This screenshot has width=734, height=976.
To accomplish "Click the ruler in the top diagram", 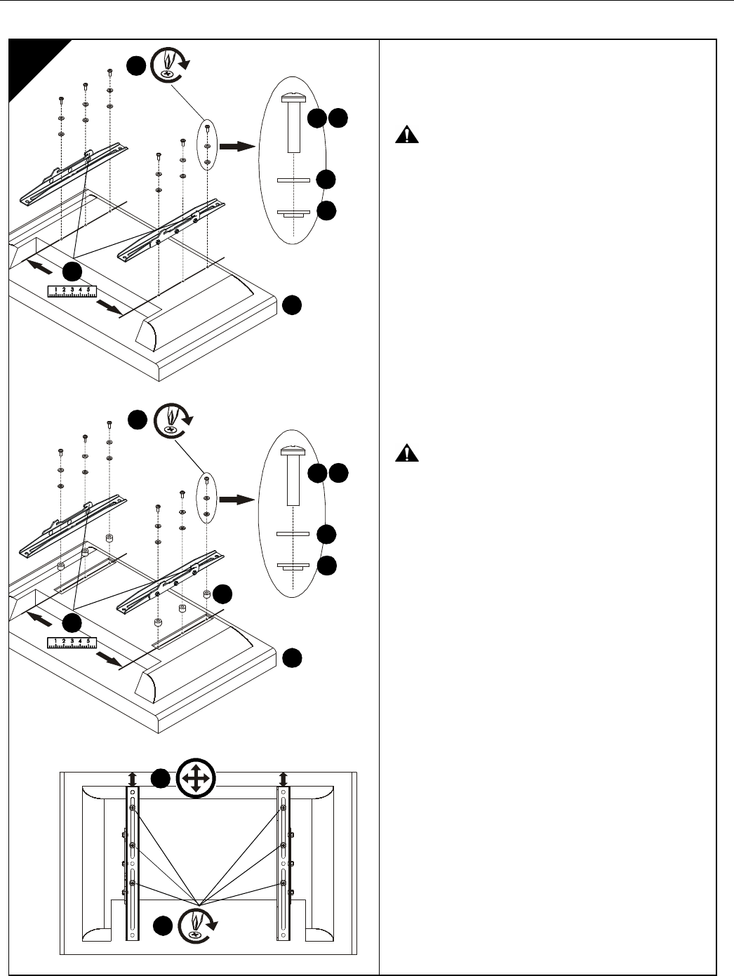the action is pos(72,291).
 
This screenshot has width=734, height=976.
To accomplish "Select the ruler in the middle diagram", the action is pos(72,643).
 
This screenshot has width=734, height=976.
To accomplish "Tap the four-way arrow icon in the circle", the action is pos(196,778).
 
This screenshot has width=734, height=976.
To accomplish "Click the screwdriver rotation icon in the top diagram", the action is pos(170,65).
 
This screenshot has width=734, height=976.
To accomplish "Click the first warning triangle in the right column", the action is pos(407,134).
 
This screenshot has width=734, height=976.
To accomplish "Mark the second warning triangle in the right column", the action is pos(407,453).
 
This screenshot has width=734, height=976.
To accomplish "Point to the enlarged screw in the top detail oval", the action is pos(293,122).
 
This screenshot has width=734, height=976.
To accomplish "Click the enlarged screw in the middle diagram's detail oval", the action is pos(293,476).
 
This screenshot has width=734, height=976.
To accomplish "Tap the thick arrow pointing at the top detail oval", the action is pos(238,146).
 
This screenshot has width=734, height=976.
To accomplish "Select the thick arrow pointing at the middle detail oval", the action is pos(237,500).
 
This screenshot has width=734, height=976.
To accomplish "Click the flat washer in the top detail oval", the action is pos(293,180).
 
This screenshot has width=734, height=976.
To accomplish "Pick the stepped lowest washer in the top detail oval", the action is pos(293,213).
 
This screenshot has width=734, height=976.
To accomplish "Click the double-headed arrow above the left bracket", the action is pos(133,779).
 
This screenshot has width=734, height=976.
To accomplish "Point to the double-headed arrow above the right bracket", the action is pos(283,779).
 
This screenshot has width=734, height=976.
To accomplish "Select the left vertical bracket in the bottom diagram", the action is pos(132,864).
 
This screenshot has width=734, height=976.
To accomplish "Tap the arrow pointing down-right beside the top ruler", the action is pos(109,308).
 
